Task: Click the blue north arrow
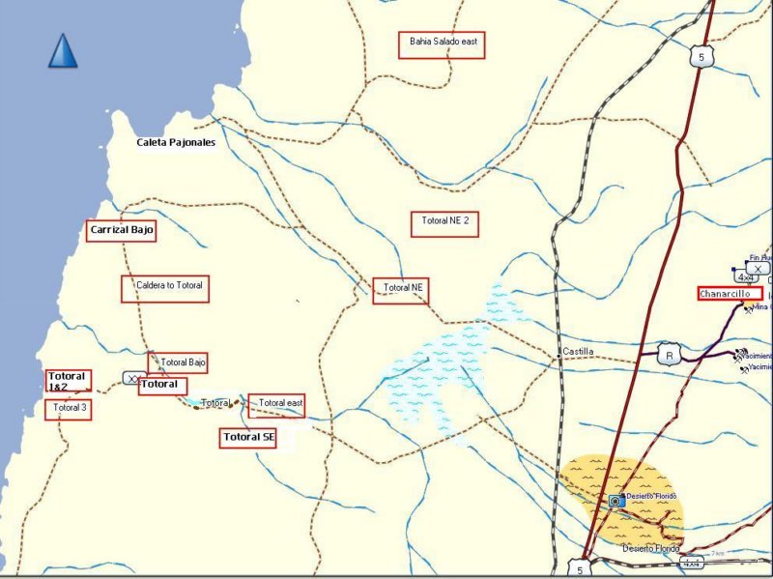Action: point(63,51)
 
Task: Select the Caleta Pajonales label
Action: point(176,142)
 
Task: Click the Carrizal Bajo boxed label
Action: point(121,230)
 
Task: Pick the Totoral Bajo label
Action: point(177,362)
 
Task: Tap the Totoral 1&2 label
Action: point(67,381)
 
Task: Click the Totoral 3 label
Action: point(71,409)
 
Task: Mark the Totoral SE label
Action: point(248,438)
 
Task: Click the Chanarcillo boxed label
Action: point(730,293)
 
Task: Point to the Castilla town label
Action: point(578,352)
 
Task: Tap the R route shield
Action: point(668,355)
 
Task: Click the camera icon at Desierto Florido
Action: point(616,501)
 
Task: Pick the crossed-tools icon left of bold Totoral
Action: point(130,377)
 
